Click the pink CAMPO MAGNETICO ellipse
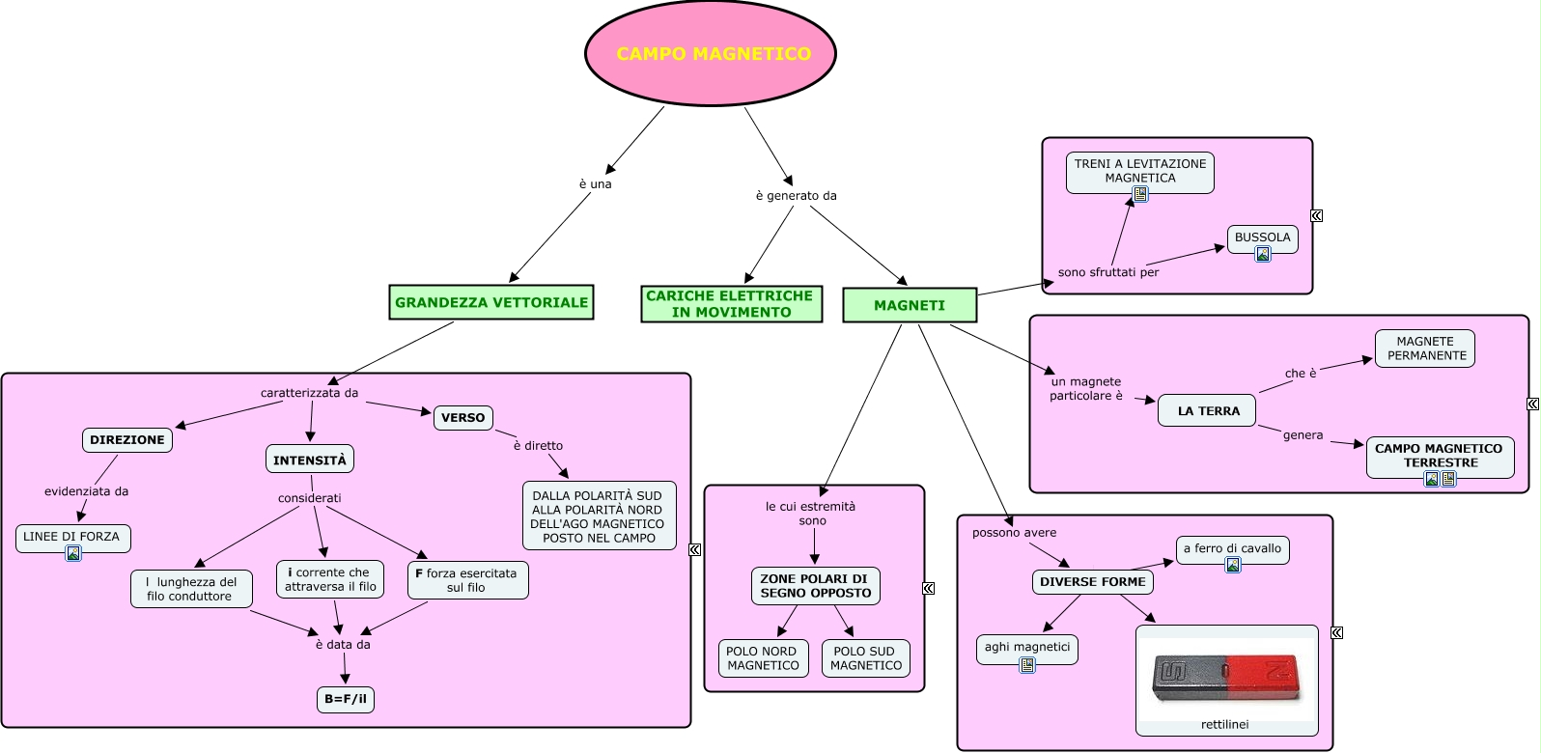tap(711, 54)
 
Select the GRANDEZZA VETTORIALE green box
tap(491, 302)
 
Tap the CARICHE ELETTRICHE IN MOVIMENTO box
tap(731, 304)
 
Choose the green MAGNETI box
tap(909, 305)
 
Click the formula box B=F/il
tap(346, 699)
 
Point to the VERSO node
tap(463, 418)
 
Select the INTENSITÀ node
tap(310, 460)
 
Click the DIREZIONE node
tap(127, 440)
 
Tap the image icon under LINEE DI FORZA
tap(73, 553)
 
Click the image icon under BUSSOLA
tap(1263, 254)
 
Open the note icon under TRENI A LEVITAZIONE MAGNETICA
tap(1140, 194)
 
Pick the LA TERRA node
tap(1208, 410)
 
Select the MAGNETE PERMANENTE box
tap(1425, 349)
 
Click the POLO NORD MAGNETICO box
tap(763, 658)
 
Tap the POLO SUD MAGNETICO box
tap(865, 658)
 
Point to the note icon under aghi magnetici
tap(1027, 664)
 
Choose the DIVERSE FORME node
tap(1092, 582)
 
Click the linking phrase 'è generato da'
tap(796, 196)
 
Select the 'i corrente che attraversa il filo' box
tap(330, 579)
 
